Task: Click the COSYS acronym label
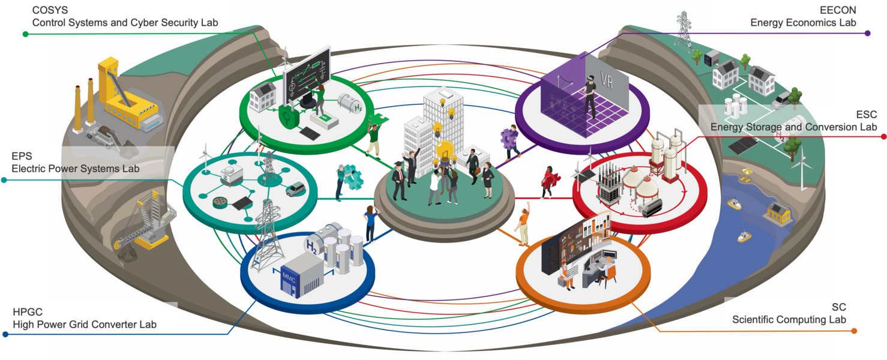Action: [50, 10]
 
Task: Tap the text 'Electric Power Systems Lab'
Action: [76, 169]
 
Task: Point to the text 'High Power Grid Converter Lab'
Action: [85, 325]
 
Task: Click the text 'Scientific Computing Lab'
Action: [789, 320]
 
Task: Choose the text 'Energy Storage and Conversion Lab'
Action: [793, 127]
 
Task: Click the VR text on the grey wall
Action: [606, 82]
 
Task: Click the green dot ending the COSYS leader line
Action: [25, 34]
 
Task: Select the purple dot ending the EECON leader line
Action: [867, 34]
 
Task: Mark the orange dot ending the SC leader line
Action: [854, 331]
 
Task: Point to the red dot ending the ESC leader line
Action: [883, 137]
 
